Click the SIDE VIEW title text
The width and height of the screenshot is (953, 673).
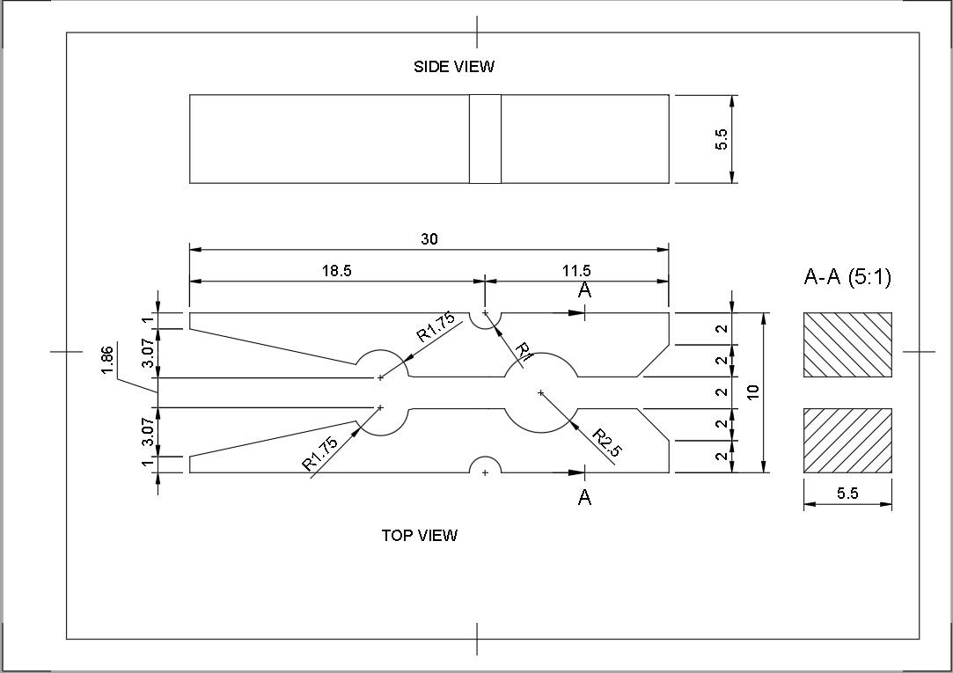tap(454, 66)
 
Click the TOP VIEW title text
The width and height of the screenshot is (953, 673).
tap(419, 535)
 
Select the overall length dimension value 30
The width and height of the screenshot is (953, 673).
tap(429, 238)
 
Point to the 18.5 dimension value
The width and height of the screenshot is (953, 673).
tap(336, 271)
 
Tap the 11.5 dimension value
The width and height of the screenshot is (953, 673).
tap(576, 271)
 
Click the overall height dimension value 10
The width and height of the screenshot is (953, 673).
tap(753, 392)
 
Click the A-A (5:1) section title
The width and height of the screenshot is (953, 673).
tap(847, 278)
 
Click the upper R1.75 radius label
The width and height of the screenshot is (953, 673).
tap(436, 327)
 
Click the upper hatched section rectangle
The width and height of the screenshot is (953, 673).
tap(847, 344)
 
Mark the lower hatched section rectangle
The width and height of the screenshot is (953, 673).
tap(847, 441)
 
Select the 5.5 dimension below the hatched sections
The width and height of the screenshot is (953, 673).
tap(847, 494)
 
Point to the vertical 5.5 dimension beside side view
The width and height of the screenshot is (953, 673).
tap(722, 139)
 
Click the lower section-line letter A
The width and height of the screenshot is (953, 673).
tap(584, 498)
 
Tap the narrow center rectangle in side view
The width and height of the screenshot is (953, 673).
tap(485, 139)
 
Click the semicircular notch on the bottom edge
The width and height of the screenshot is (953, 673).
tap(485, 465)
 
